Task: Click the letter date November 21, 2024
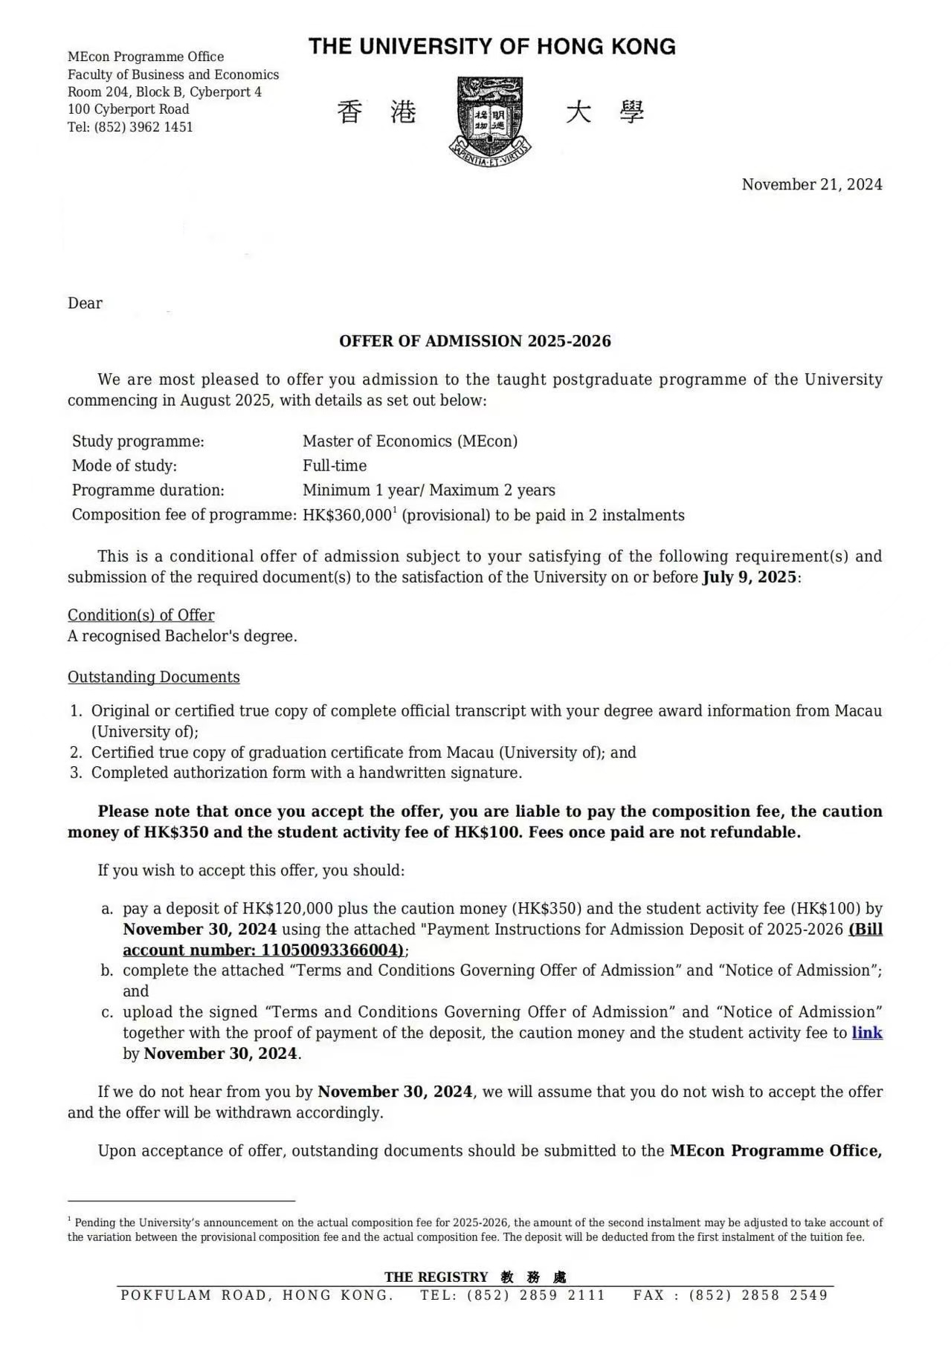[811, 184]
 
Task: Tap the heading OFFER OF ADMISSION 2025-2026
[474, 341]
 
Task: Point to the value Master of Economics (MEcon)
[410, 441]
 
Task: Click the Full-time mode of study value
[335, 466]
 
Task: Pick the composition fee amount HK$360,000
[346, 516]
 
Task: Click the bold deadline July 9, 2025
[749, 577]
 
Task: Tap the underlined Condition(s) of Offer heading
[141, 615]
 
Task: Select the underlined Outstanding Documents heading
[153, 677]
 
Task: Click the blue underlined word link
[867, 1033]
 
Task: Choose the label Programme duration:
[148, 490]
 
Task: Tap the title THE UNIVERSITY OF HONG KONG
[491, 47]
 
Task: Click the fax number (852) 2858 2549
[758, 1295]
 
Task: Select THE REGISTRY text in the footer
[436, 1277]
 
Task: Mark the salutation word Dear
[85, 303]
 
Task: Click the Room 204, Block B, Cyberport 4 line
[164, 92]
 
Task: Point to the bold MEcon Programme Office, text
[776, 1151]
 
